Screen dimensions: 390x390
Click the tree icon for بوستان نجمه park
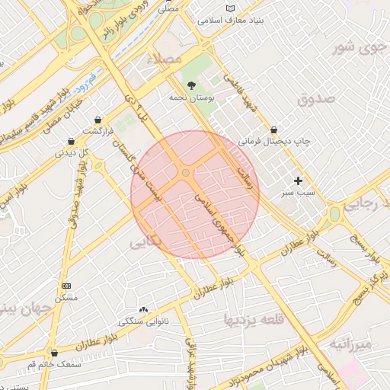pos(190,85)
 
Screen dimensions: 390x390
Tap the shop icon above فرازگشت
pos(98,120)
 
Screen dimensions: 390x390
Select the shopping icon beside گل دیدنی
pos(71,141)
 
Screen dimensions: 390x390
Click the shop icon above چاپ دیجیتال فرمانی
pos(273,129)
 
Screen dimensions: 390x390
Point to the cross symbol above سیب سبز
pos(298,181)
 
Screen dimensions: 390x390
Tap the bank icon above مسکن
pos(66,286)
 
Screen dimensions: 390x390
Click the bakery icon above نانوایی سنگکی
pos(144,309)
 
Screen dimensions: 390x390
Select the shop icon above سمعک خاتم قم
pos(53,353)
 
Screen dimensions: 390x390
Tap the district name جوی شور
pos(355,50)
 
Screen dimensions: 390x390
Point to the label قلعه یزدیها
pos(254,320)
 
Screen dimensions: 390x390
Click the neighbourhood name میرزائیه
pos(350,345)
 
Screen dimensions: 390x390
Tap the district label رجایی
pos(365,205)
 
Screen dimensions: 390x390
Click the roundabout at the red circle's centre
pos(186,174)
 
